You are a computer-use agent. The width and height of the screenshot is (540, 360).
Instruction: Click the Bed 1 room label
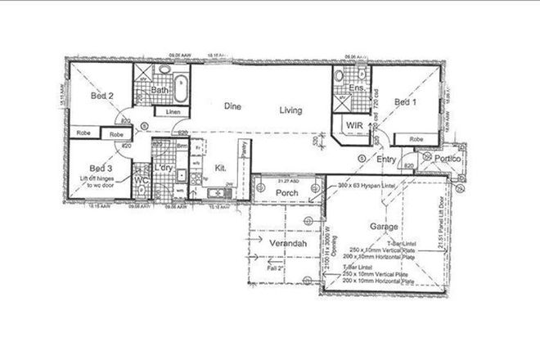tap(405, 102)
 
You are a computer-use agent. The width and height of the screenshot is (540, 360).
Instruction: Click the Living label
tap(290, 110)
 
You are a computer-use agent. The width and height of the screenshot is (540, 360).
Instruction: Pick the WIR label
tap(354, 125)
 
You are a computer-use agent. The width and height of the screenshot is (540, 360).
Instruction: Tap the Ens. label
tap(357, 87)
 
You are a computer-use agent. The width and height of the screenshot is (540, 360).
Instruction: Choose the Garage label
tap(383, 227)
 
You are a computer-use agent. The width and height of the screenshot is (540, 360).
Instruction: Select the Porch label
tap(286, 193)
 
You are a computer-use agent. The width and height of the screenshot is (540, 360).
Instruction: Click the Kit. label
tap(220, 169)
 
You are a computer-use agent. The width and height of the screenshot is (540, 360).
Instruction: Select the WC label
tap(141, 178)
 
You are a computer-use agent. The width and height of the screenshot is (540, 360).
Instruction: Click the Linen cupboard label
tap(172, 111)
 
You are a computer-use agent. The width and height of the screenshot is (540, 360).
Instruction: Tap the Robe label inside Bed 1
tap(416, 139)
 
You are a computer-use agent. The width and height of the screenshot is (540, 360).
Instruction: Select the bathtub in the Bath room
tap(181, 85)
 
